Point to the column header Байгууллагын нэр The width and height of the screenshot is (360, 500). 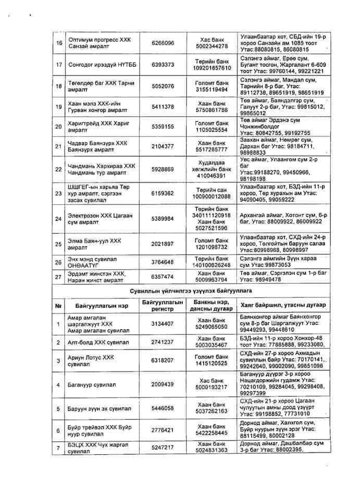click(97, 305)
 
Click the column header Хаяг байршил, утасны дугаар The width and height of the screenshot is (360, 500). click(283, 305)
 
